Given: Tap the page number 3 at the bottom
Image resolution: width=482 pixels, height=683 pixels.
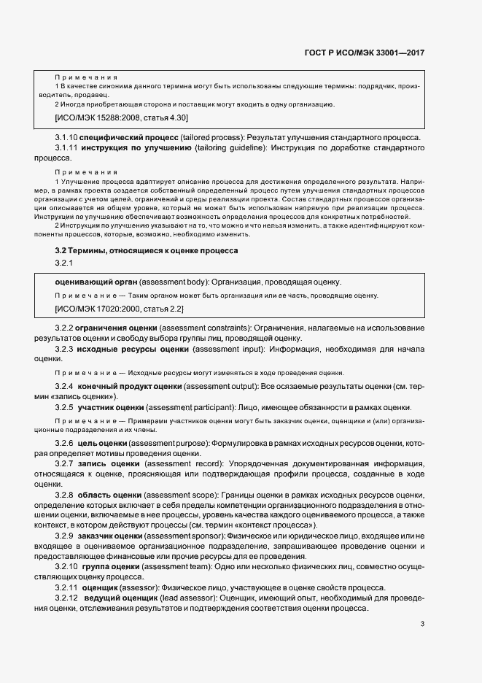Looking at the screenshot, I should [422, 623].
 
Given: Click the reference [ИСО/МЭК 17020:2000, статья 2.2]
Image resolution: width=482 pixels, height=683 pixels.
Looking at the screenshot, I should [118, 309].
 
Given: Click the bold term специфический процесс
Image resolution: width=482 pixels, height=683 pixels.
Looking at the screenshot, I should [118, 138].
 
